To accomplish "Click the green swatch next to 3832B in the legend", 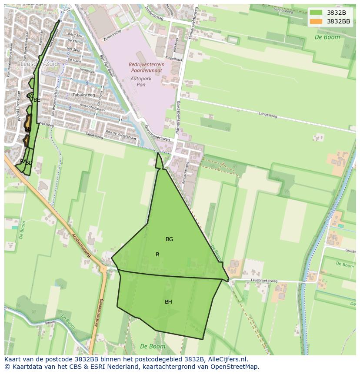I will pos(316,13).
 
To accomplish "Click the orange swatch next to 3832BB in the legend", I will pos(316,21).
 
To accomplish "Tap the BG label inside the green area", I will pos(169,239).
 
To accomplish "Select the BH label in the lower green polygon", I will pos(168,302).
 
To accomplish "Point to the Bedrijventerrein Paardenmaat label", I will pos(147,67).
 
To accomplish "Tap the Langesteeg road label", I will pos(267,116).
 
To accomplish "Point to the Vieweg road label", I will pos(50,323).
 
